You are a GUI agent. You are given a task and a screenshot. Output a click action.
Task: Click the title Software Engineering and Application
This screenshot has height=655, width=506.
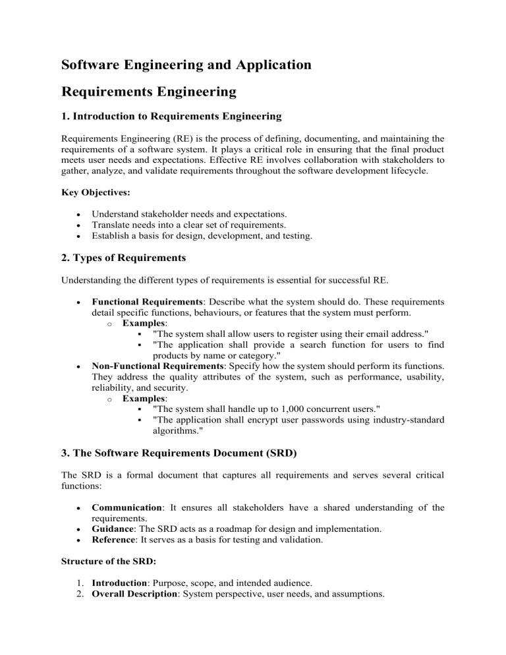click(186, 65)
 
